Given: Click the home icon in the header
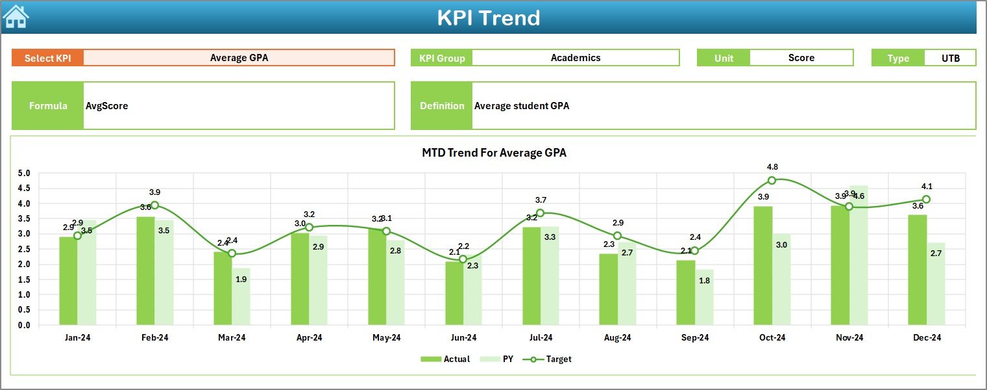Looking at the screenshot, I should click(16, 16).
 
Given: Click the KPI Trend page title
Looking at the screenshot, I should click(488, 18).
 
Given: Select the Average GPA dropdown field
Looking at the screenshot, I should click(239, 58).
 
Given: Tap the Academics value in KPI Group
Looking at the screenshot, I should click(575, 58).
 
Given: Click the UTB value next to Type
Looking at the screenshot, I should click(950, 58).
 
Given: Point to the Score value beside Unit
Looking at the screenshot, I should click(801, 58).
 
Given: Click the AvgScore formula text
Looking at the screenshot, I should click(107, 106).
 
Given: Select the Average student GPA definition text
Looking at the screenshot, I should click(521, 106).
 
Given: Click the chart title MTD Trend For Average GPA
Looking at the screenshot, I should click(494, 153).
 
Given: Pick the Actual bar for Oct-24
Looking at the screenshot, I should click(763, 266).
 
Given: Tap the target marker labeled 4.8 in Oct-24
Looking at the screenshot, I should click(772, 180).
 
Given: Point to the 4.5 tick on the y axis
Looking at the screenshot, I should click(24, 188).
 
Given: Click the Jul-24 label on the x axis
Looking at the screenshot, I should click(541, 337).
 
